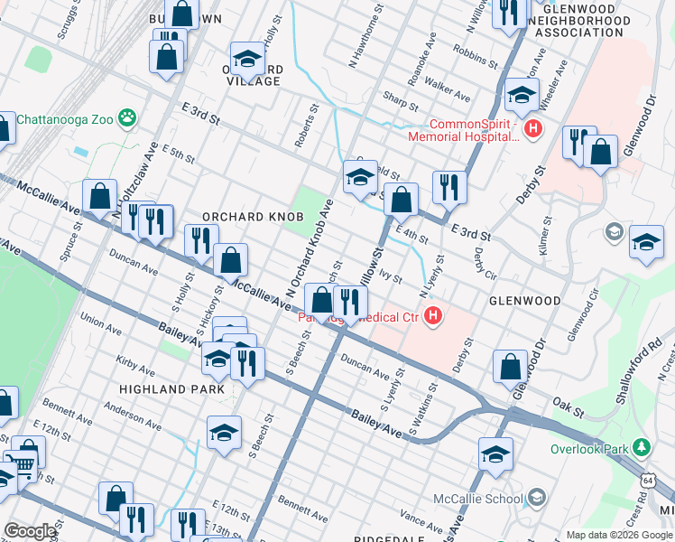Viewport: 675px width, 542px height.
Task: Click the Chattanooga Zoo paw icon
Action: [131, 117]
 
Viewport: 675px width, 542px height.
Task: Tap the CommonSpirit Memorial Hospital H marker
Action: [533, 130]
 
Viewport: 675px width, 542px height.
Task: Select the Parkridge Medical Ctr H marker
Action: [433, 316]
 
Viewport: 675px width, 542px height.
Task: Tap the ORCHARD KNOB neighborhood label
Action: [245, 218]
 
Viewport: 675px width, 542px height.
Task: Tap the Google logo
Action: [31, 531]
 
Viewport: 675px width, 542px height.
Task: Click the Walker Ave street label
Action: [448, 93]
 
